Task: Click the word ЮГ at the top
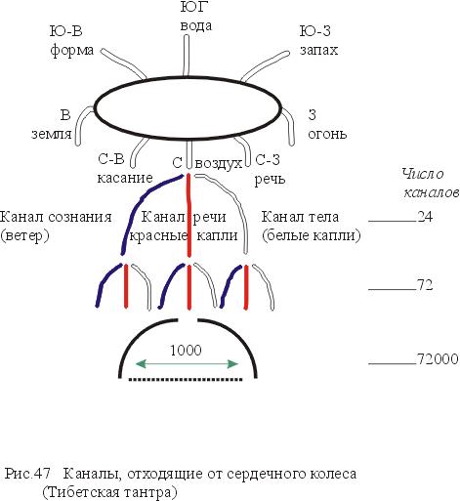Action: [x=194, y=6]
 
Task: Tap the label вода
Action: [x=196, y=25]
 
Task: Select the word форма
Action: [x=72, y=51]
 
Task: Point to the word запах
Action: [x=318, y=50]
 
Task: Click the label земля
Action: [x=52, y=134]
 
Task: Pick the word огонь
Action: [x=327, y=134]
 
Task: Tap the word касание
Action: [x=125, y=178]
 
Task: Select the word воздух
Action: [x=219, y=164]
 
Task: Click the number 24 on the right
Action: [x=425, y=217]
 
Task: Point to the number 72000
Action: [x=438, y=358]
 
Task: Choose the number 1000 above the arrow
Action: [x=187, y=350]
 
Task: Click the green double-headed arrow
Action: [x=187, y=364]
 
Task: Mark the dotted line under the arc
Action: [x=186, y=379]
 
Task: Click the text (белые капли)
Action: [x=312, y=235]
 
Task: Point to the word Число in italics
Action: [x=423, y=174]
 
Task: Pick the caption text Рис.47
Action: [x=28, y=474]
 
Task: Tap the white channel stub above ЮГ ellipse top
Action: [x=187, y=55]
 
